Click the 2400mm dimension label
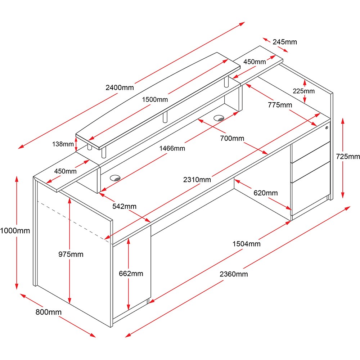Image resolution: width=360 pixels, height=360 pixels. pos(120,87)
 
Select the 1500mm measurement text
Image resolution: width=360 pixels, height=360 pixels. pos(154,99)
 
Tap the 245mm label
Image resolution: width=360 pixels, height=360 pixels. pos(285,42)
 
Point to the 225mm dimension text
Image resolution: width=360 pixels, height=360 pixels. pos(303,91)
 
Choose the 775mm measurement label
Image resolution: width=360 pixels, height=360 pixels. pos(280,105)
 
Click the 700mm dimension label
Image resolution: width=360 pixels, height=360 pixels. pos(232,138)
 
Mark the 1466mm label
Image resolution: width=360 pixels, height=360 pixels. pos(173,148)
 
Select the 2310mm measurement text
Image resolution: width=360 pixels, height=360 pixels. pos(197,179)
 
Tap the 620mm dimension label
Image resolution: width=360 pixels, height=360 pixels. pos(266,193)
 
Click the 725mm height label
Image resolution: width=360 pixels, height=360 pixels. pos(347,156)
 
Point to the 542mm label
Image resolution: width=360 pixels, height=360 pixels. pos(124,206)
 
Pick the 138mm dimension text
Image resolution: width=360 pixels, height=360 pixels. pos(63,144)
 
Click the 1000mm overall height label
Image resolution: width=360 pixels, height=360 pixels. pos(15,230)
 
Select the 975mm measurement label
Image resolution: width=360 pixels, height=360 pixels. pos(71,255)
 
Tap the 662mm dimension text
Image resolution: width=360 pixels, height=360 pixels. pos(131,274)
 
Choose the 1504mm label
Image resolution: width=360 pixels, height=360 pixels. pos(246,244)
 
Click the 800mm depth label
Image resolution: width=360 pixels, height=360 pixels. pos(48,312)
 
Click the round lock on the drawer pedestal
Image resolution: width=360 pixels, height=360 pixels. pos(327,128)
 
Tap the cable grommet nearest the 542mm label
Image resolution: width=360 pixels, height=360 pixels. pos(115,177)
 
